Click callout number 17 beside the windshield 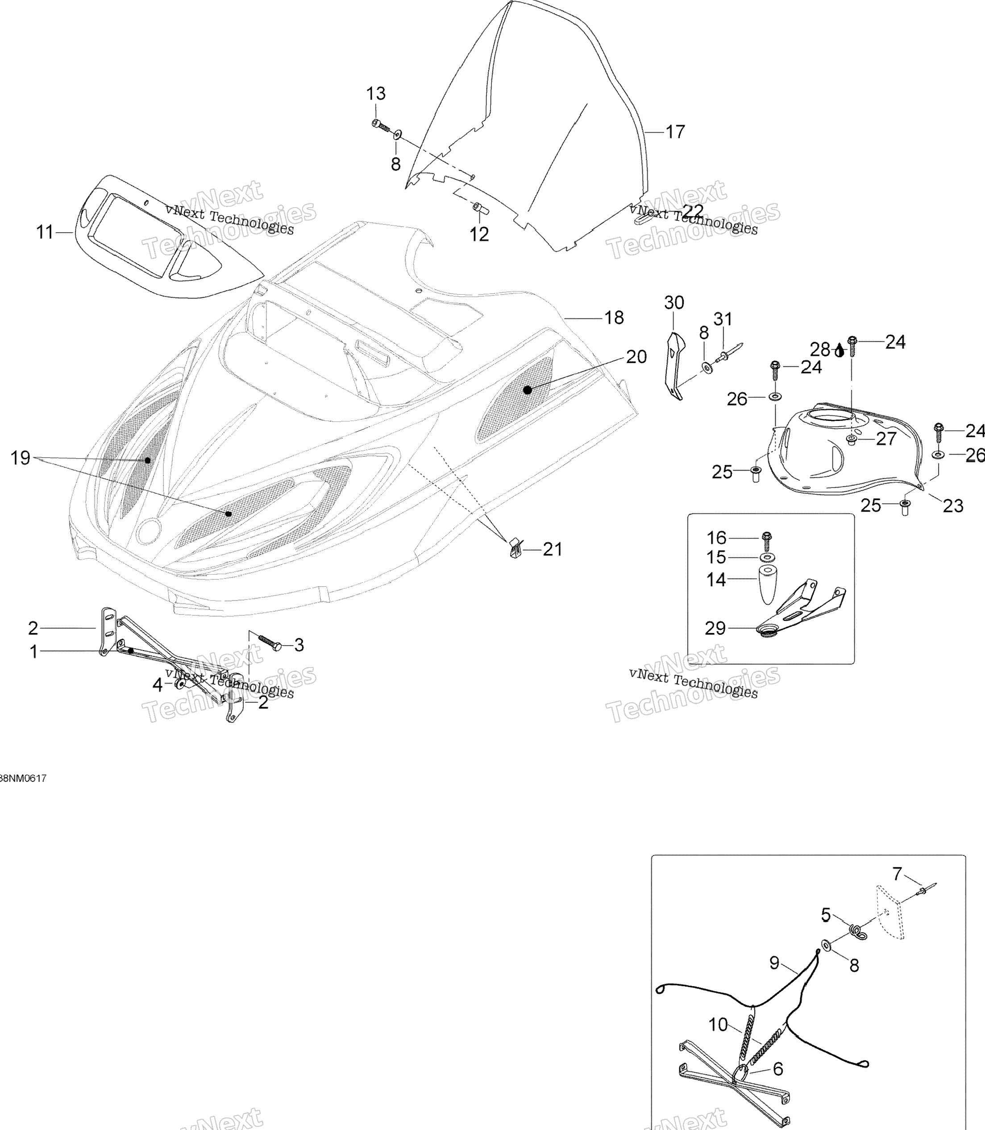click(676, 132)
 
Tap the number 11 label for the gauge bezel click(45, 233)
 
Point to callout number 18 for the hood click(614, 317)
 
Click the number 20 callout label click(636, 357)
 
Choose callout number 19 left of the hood click(21, 458)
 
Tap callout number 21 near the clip click(553, 549)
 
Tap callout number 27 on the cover click(886, 439)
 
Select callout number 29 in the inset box click(715, 628)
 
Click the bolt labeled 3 click(269, 642)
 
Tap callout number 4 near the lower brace click(158, 685)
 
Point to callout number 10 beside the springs click(718, 1025)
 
